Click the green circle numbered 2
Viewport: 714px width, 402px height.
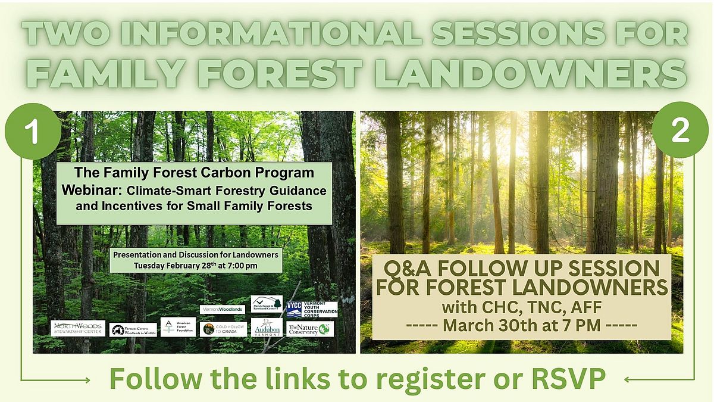click(680, 130)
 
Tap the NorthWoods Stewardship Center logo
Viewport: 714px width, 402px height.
click(78, 328)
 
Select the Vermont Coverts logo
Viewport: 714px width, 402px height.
click(133, 330)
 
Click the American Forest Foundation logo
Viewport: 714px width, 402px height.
click(178, 327)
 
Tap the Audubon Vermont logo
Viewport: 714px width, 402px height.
click(267, 328)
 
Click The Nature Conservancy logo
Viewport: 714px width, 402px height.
click(309, 329)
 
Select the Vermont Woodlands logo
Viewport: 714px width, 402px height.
click(222, 310)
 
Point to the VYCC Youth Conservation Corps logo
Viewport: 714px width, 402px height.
click(311, 309)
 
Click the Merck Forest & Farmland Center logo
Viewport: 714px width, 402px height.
click(267, 303)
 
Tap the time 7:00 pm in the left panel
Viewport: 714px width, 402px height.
click(241, 265)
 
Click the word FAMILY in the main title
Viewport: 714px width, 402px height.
click(108, 73)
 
